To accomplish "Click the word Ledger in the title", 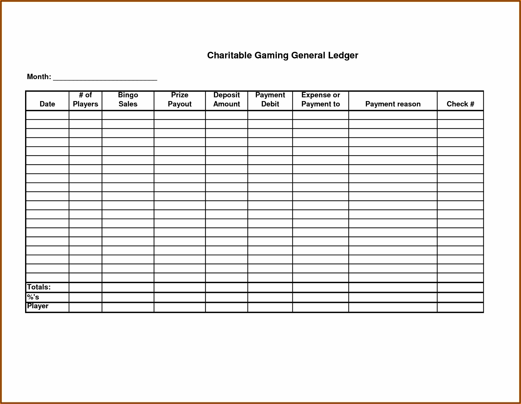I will click(343, 56).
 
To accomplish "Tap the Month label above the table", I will click(39, 77).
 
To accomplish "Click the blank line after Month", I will click(105, 78).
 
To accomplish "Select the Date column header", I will click(47, 104).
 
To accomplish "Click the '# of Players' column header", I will click(85, 100).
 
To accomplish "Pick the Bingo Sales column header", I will click(128, 100).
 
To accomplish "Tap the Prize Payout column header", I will click(180, 100).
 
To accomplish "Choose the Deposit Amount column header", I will click(226, 100).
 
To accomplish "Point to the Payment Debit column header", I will click(270, 100).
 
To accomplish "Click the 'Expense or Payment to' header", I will click(320, 100).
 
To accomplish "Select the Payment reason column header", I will click(393, 104).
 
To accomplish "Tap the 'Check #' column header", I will click(460, 104).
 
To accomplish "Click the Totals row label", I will click(39, 287).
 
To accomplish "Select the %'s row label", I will click(33, 297).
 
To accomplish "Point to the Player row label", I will click(38, 306).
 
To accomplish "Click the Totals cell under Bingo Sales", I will click(128, 287).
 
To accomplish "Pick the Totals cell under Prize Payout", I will click(180, 287).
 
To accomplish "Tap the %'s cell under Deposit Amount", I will click(226, 297).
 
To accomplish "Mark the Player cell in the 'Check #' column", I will click(460, 307).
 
